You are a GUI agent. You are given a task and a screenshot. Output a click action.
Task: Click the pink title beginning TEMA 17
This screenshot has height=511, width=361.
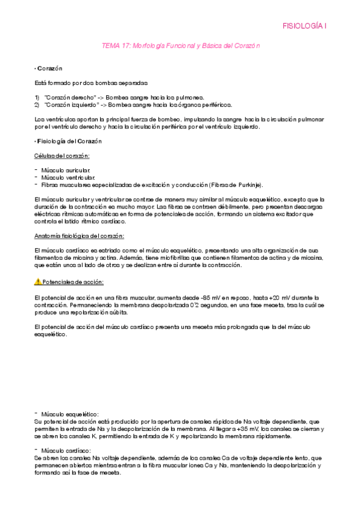pos(180,46)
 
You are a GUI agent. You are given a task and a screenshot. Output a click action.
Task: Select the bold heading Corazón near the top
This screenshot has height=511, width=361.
pos(50,68)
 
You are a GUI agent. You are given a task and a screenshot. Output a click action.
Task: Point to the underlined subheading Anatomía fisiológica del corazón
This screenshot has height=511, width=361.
pos(79,236)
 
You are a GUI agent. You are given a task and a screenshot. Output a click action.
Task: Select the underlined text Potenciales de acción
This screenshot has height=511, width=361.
pos(65,282)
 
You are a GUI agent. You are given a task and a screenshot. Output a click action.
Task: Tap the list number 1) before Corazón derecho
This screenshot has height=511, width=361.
pos(37,96)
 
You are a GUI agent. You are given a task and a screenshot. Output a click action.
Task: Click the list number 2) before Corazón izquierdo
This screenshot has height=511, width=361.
pos(37,104)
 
